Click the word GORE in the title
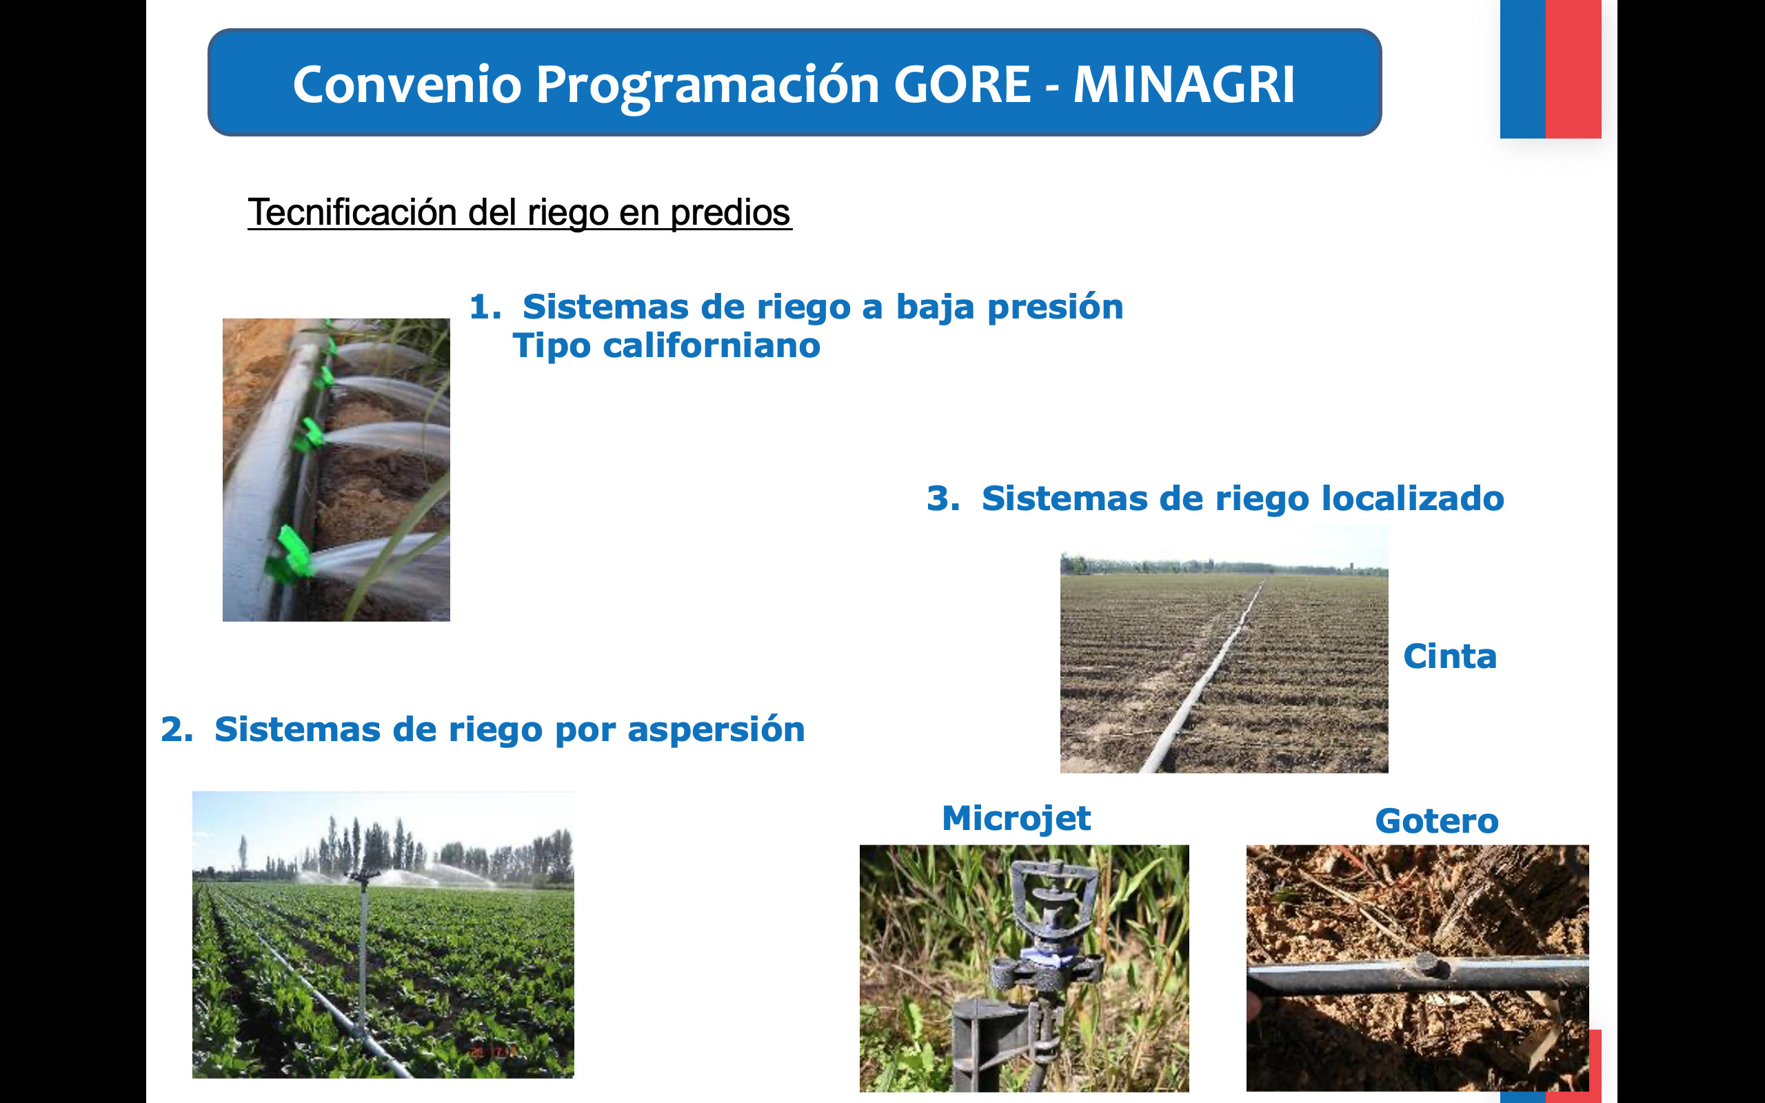[x=961, y=84]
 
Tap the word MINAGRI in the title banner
[x=1184, y=84]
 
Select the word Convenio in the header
[x=407, y=84]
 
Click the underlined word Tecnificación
[x=352, y=212]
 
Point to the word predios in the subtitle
[x=730, y=214]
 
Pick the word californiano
[x=711, y=345]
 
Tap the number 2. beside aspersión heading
[x=177, y=729]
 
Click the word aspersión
[x=716, y=730]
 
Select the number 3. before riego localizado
[x=943, y=498]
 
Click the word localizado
[x=1413, y=498]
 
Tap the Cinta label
[x=1450, y=656]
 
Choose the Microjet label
[x=1016, y=818]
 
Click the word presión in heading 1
[x=1055, y=308]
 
